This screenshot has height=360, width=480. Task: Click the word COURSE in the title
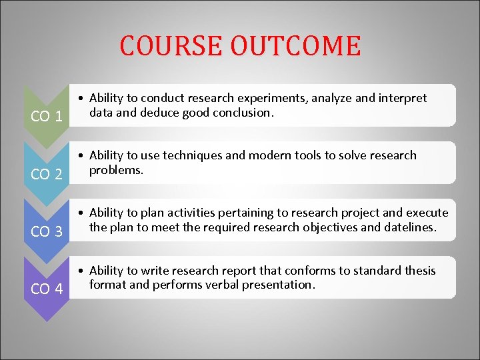tap(171, 46)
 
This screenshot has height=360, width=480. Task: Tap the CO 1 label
tap(47, 117)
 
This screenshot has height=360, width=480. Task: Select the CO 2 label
tap(47, 175)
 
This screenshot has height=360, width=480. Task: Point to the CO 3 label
tap(47, 232)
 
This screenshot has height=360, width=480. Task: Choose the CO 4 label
tap(47, 290)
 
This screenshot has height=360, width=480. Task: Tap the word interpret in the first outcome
tap(403, 99)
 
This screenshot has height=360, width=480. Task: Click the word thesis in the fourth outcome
tap(419, 271)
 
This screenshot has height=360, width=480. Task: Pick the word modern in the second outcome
tap(268, 155)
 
